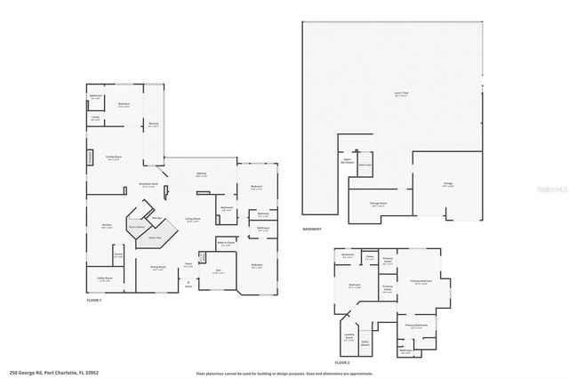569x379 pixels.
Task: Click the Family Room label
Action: [x=114, y=157]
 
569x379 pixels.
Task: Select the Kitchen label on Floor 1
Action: [x=106, y=226]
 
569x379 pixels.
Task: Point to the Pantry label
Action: [x=117, y=255]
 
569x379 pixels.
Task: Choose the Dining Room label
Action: [x=158, y=269]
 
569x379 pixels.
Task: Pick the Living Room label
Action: [x=191, y=218]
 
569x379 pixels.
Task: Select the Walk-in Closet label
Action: [x=227, y=243]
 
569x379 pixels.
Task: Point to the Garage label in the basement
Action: [x=448, y=184]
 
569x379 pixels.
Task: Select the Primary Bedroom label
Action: [x=422, y=281]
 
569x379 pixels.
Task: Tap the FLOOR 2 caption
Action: [x=342, y=363]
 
